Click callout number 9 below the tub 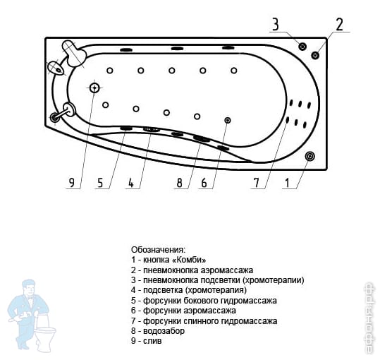pos(72,182)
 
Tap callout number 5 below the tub pos(100,182)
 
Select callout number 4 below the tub pos(131,182)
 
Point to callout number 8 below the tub pos(180,182)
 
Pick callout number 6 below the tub pos(204,182)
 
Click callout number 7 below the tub pos(257,182)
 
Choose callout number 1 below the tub pos(287,182)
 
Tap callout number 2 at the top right pos(339,25)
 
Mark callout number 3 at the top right pos(275,24)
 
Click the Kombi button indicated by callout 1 pos(309,156)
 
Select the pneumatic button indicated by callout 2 pos(315,55)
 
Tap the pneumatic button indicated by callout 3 pos(302,46)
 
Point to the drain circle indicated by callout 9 pos(94,88)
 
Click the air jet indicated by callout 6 pos(228,120)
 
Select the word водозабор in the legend pos(164,331)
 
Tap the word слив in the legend pos(152,341)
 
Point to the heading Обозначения pos(159,250)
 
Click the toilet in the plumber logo pos(45,332)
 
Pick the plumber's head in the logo pos(29,287)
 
